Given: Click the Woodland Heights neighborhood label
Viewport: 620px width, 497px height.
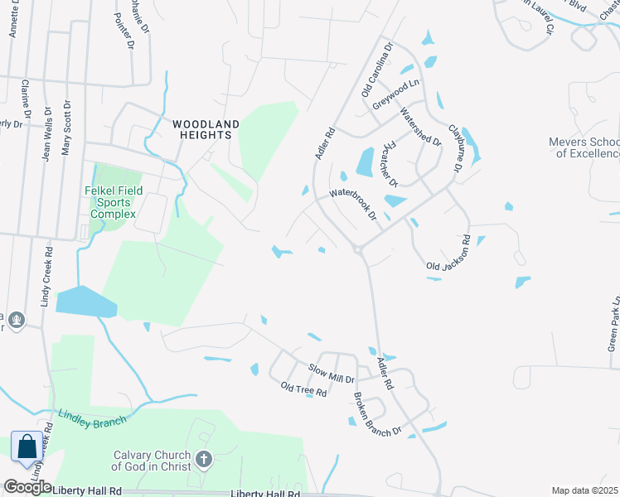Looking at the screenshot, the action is coord(206,129).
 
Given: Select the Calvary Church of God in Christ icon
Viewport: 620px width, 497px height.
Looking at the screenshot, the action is coord(204,459).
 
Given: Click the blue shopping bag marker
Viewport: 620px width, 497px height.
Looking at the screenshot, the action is coord(27,447).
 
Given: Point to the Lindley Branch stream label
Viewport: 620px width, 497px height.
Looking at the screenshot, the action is coord(91,417).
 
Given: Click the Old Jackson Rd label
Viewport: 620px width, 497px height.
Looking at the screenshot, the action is coord(448,254).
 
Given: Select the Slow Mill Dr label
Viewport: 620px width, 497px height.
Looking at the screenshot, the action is coord(331,373).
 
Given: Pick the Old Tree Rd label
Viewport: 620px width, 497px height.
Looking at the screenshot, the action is coord(303,389).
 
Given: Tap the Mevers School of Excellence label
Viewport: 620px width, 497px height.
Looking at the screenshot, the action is coord(584,147).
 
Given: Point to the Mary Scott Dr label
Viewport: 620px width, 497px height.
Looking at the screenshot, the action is coord(66,128).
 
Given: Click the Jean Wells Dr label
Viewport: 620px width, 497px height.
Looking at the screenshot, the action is coord(47,133).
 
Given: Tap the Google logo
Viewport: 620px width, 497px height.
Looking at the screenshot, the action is coord(27,487).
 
